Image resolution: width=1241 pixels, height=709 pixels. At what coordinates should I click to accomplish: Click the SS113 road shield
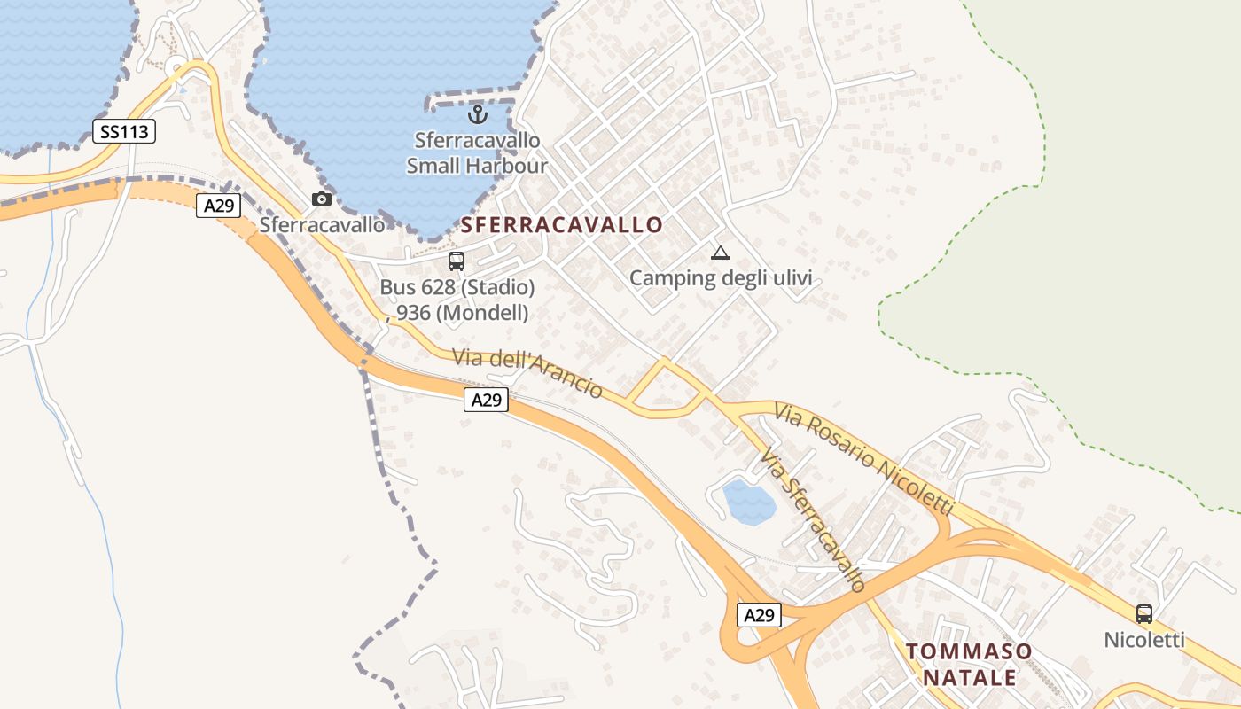[x=124, y=132]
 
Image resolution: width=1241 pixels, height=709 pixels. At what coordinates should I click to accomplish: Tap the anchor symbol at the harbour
[x=478, y=114]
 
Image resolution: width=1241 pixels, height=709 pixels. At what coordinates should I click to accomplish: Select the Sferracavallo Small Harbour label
[x=478, y=152]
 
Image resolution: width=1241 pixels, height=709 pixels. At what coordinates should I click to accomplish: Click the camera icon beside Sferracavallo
[x=322, y=199]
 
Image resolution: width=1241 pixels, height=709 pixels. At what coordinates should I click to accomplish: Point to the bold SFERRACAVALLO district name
[x=562, y=225]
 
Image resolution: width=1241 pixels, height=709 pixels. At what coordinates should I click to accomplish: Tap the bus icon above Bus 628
[x=457, y=261]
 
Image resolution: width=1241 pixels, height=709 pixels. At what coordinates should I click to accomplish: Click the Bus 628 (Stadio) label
[x=457, y=287]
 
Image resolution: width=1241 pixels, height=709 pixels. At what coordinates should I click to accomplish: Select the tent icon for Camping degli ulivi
[x=721, y=253]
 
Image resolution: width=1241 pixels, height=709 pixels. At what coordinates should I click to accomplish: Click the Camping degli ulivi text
[x=721, y=278]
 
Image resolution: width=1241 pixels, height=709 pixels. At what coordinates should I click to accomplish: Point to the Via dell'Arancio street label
[x=527, y=373]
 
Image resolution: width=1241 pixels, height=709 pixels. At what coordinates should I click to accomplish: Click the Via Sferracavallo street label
[x=813, y=520]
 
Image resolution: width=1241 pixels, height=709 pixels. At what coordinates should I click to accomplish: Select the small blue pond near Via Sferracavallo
[x=749, y=503]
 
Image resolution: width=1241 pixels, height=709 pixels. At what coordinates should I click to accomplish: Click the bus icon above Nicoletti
[x=1144, y=613]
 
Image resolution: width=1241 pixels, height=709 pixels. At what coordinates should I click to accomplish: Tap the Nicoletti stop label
[x=1144, y=639]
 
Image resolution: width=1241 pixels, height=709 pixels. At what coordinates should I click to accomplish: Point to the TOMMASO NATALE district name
[x=970, y=665]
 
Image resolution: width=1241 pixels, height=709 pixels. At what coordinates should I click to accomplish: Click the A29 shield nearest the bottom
[x=760, y=615]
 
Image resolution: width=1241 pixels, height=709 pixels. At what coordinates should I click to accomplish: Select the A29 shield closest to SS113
[x=218, y=206]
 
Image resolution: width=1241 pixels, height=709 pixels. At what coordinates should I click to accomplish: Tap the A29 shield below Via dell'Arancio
[x=486, y=400]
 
